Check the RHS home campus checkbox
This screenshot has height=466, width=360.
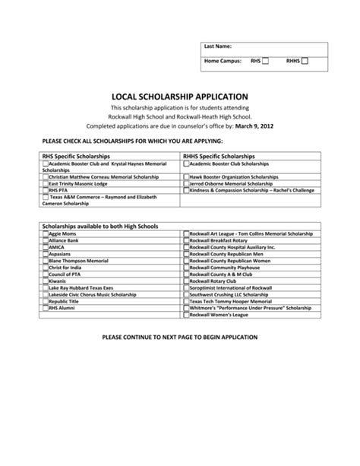pyautogui.click(x=265, y=60)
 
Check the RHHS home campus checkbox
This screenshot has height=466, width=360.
pyautogui.click(x=305, y=60)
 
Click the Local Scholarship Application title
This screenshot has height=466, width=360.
pyautogui.click(x=180, y=97)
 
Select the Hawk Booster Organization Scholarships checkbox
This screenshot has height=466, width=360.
pyautogui.click(x=186, y=176)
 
